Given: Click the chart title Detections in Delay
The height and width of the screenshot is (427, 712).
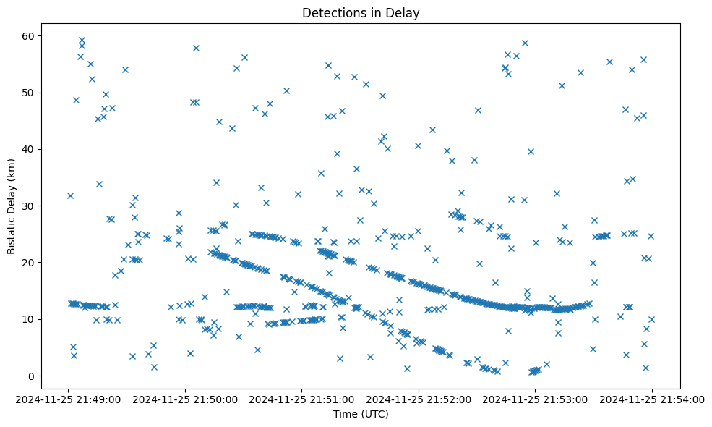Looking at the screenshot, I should [361, 13].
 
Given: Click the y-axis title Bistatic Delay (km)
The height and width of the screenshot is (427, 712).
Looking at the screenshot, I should [12, 206].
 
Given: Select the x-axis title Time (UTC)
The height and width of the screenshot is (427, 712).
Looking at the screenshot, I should [361, 414].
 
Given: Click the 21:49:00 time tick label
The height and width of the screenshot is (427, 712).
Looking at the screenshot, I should [69, 398].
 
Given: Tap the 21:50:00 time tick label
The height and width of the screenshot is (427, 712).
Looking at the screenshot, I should [185, 398].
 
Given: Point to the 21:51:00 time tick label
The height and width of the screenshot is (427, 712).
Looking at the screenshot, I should [302, 398].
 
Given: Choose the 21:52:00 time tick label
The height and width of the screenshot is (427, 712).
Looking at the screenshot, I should [419, 398].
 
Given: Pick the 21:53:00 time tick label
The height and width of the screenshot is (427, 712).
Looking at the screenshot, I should [535, 398].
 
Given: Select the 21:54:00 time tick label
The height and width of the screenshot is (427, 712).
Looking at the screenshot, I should [652, 398].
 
